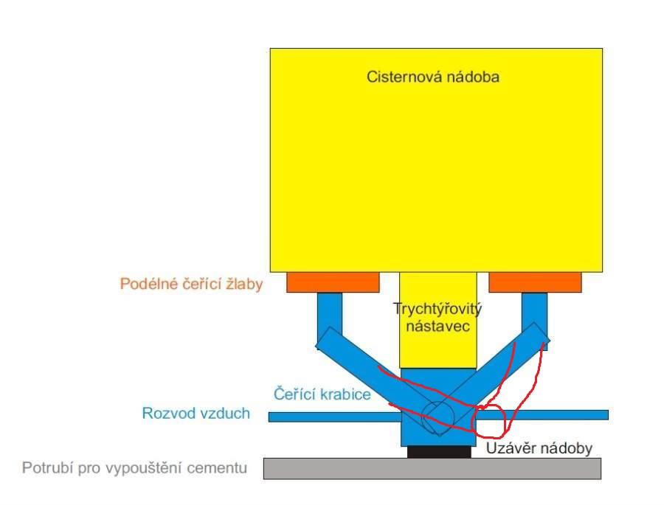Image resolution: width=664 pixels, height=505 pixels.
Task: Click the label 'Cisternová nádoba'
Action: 433,77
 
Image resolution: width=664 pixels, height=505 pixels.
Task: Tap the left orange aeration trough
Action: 333,282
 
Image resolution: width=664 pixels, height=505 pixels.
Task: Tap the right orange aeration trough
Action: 536,282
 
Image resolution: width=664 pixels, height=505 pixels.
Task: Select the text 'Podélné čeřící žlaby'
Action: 191,284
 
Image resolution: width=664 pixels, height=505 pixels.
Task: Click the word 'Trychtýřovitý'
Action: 438,309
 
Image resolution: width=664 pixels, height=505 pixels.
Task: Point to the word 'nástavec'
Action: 438,327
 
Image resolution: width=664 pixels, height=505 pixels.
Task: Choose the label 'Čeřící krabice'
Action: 322,394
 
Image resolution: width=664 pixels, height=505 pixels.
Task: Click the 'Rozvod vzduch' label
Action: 196,413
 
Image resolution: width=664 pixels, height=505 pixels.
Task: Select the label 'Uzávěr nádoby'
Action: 539,448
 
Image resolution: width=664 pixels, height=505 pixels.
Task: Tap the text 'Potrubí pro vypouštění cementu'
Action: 135,468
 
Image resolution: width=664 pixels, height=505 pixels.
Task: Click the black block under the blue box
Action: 439,452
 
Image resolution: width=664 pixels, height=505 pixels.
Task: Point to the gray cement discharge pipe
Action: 432,469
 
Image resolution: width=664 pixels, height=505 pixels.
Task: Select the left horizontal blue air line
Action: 335,417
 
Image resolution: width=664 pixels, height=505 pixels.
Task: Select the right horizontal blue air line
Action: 542,415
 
